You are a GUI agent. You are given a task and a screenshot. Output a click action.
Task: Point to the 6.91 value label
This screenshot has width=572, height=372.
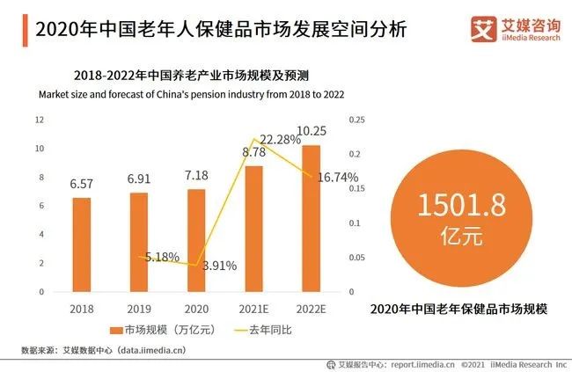coord(139,179)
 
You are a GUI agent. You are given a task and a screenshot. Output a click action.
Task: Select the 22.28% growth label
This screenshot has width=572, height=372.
coord(280,139)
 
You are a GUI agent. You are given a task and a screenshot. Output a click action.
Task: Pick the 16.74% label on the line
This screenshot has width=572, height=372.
coord(336,178)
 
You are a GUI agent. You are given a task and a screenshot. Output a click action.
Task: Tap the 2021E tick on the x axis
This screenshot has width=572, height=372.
coord(253,310)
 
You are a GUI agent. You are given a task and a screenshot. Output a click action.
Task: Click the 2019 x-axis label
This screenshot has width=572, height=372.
coord(138,310)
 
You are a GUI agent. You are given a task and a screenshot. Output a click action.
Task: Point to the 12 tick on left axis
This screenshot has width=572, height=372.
coord(40,120)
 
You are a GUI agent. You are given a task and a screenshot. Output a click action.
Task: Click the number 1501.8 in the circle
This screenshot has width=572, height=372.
coord(450,207)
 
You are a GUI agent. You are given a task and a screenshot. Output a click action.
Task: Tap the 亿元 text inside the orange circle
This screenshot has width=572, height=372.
coord(450,237)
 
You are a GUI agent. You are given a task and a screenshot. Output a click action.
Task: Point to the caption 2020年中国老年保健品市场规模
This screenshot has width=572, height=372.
coord(458,309)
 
